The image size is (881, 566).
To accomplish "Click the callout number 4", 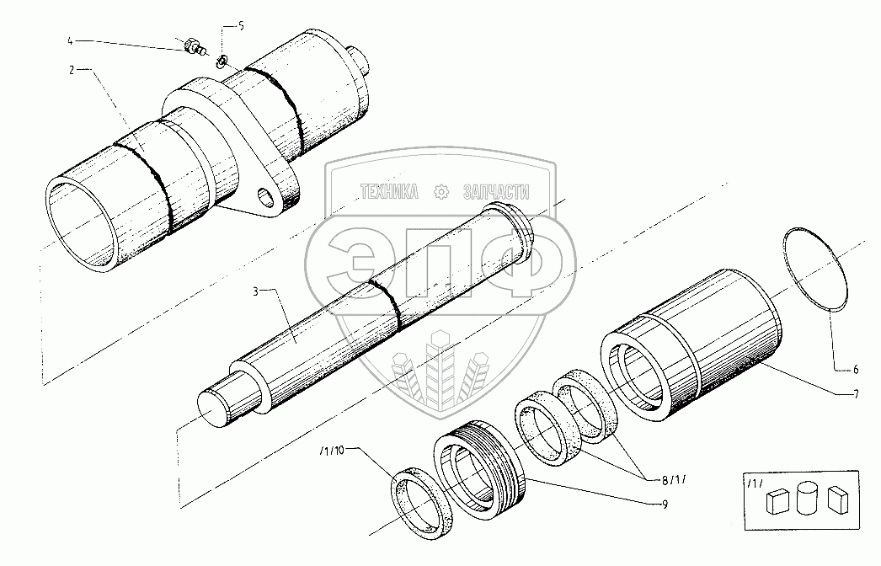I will pyautogui.click(x=71, y=40).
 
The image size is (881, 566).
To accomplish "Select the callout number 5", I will pyautogui.click(x=241, y=26).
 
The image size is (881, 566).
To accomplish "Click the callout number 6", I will pyautogui.click(x=854, y=370).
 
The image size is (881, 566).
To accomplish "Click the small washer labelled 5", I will pyautogui.click(x=222, y=61).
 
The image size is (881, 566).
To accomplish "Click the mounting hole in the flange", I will pyautogui.click(x=269, y=200).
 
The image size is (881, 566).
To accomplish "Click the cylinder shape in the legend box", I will pyautogui.click(x=806, y=497).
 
